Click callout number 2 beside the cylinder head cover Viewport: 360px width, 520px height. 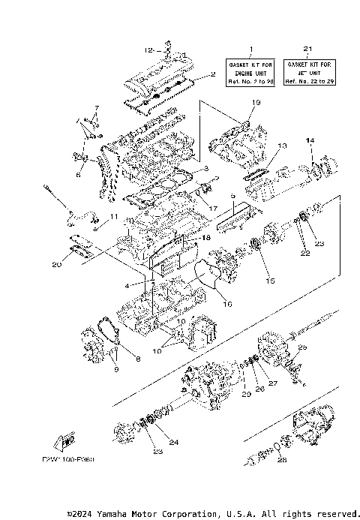[213, 74]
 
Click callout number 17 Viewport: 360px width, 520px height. [213, 208]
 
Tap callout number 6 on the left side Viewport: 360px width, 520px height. [78, 175]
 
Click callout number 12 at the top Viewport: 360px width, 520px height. [148, 50]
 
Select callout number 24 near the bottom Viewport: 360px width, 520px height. [174, 442]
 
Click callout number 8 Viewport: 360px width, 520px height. [137, 359]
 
